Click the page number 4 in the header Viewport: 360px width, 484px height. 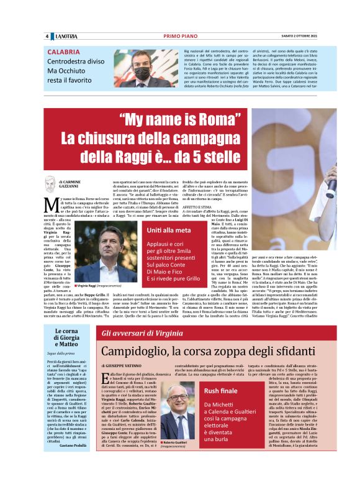[47, 37]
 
